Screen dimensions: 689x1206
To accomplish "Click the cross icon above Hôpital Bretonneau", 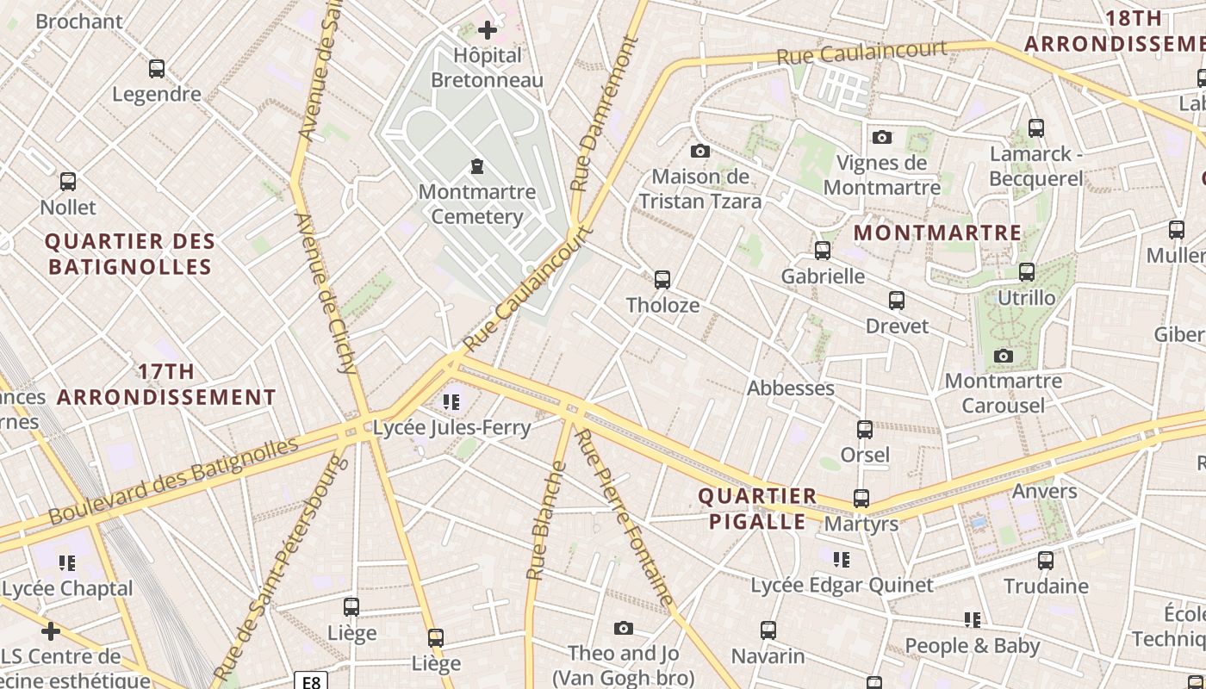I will [x=488, y=30].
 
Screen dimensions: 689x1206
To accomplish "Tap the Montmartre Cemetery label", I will [x=476, y=204].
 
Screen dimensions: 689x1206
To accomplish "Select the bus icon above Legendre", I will [x=157, y=69].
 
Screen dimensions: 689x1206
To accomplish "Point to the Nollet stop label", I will [x=68, y=208].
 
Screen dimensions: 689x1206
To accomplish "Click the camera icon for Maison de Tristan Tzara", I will [x=700, y=152].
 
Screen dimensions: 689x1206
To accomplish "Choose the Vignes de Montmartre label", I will [x=881, y=175].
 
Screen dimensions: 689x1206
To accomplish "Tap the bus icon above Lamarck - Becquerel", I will [x=1036, y=128].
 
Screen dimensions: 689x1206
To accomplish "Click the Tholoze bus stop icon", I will [x=662, y=280].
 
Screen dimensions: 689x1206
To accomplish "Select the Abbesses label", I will [x=790, y=388].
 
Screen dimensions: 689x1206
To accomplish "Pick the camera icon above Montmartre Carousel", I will [x=1003, y=357].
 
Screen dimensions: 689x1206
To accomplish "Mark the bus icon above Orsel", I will [x=865, y=430].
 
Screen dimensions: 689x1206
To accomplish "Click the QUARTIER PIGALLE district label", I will [x=757, y=509].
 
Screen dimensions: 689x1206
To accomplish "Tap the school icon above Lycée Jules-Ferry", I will [x=451, y=402].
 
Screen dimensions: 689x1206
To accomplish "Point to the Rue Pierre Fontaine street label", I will [x=624, y=517].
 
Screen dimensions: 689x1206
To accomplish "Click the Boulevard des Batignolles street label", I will [x=173, y=481].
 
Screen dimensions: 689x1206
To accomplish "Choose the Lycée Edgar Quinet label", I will [x=842, y=586].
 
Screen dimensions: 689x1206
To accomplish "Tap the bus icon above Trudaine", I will [x=1046, y=561].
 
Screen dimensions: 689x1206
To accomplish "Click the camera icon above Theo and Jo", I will [x=623, y=629].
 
